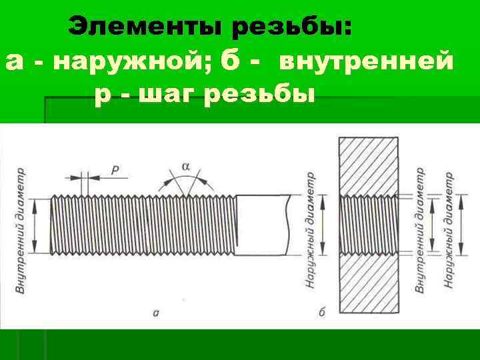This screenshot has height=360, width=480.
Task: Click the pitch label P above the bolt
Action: [x=115, y=171]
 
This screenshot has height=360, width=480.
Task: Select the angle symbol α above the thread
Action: [x=185, y=165]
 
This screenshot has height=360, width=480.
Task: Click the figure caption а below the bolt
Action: [x=155, y=312]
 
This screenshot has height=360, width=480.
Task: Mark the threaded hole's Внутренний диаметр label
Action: [x=421, y=229]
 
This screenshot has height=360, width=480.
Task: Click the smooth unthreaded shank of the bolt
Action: [x=262, y=224]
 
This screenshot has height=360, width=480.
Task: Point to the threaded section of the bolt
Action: [x=143, y=224]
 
